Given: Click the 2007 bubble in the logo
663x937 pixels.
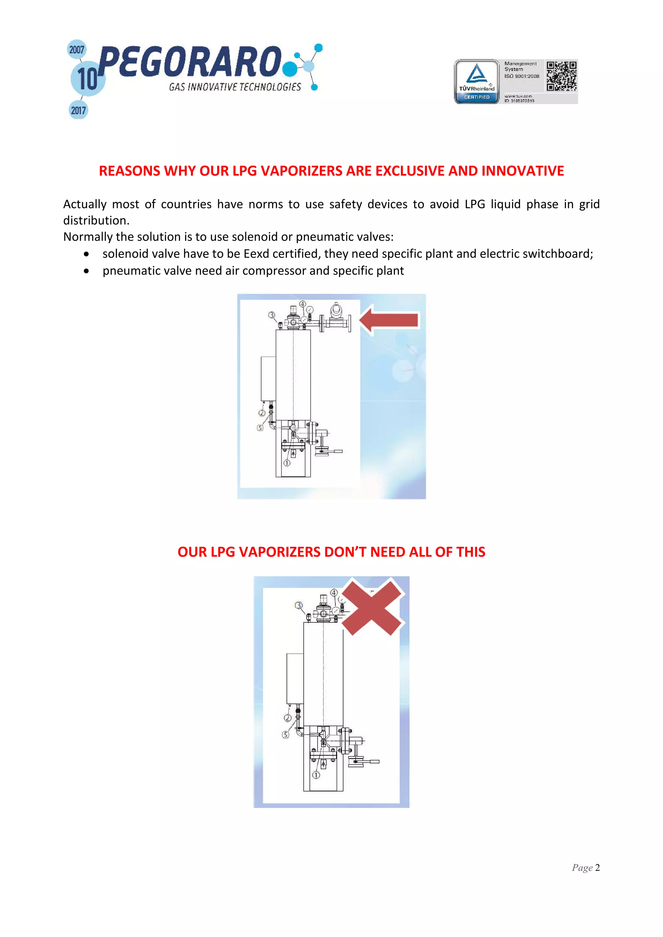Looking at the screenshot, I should (x=76, y=50).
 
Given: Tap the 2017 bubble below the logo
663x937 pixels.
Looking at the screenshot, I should (x=78, y=110).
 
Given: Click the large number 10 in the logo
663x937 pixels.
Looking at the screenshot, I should (x=87, y=79).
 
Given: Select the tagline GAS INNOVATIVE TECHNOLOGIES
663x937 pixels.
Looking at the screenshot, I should (x=235, y=87).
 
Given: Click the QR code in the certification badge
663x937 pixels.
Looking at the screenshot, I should (x=561, y=76).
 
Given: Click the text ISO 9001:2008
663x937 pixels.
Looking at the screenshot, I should (x=522, y=76).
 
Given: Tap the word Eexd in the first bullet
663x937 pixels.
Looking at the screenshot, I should (x=256, y=254).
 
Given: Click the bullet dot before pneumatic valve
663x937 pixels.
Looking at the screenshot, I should (x=86, y=271).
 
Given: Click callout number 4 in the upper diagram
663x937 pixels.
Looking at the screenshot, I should (x=302, y=304).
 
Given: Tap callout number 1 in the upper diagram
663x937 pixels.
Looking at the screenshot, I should (x=287, y=463).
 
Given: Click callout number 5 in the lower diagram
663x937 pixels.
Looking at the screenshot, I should (x=286, y=735).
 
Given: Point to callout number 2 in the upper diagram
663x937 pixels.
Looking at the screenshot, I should (x=262, y=413).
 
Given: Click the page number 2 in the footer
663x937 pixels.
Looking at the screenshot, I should (x=597, y=867).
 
